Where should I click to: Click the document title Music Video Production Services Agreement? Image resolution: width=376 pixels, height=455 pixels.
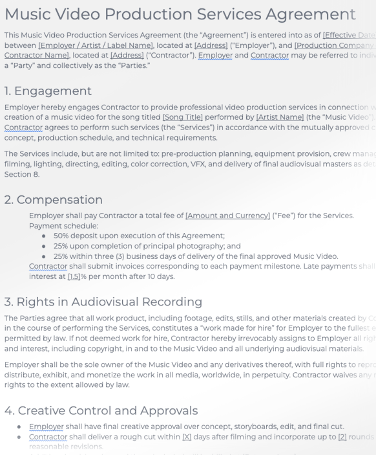(x=180, y=14)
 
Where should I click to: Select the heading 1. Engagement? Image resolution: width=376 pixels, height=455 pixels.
(x=48, y=91)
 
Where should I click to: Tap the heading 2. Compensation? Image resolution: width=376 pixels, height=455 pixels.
(x=54, y=199)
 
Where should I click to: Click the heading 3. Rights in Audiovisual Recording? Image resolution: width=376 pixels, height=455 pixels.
(x=103, y=302)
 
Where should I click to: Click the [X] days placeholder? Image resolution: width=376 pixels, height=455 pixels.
(x=187, y=437)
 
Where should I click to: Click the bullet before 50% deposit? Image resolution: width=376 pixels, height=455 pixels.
(x=43, y=236)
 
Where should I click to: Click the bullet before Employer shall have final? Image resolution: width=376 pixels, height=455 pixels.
(x=19, y=427)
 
